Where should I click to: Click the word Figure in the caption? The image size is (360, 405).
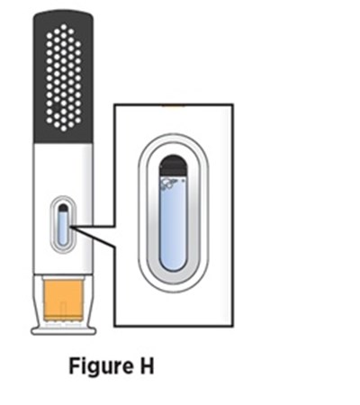click(x=101, y=366)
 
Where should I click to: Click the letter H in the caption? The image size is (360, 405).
click(x=146, y=365)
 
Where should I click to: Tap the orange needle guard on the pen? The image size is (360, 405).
click(x=63, y=300)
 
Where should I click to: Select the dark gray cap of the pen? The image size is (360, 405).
click(x=63, y=76)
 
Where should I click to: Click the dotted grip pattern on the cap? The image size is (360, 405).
click(x=64, y=77)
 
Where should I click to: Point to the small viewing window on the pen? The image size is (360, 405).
click(x=63, y=225)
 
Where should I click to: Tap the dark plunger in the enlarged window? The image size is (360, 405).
click(x=173, y=166)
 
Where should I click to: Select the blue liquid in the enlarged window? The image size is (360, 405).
click(x=173, y=223)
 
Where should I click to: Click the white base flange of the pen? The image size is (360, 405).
click(x=63, y=331)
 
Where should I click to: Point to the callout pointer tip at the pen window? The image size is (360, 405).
click(x=71, y=228)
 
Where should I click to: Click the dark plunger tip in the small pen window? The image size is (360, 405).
click(x=63, y=208)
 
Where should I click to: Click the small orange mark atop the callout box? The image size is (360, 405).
click(x=173, y=105)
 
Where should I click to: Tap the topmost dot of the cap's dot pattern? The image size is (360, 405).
click(x=64, y=27)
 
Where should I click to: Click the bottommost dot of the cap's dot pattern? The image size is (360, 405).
click(x=64, y=129)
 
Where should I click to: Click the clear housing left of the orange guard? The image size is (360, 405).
click(x=39, y=300)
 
